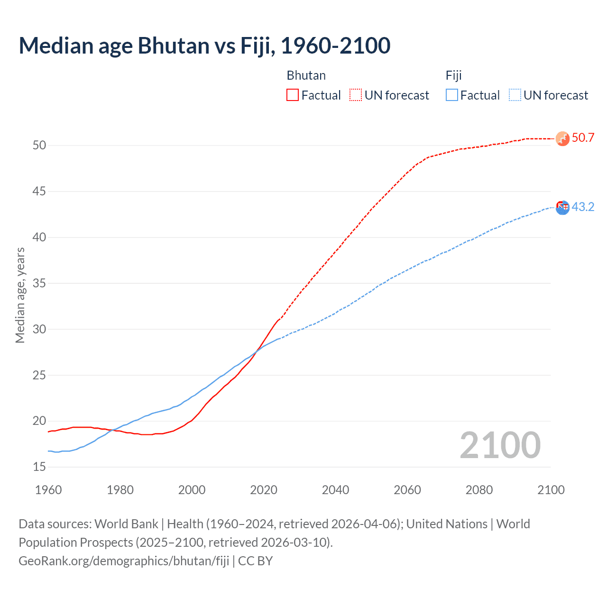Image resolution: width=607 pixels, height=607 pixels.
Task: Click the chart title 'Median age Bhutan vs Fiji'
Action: coord(204,46)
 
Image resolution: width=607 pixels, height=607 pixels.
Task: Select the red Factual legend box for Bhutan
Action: coord(293,95)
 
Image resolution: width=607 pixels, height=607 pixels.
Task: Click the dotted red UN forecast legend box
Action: coord(356,95)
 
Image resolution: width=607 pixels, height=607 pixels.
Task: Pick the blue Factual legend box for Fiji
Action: coord(452,95)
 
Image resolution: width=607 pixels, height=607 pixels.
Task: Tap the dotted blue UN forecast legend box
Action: coord(515,95)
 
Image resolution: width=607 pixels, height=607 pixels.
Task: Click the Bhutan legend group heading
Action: coord(306,75)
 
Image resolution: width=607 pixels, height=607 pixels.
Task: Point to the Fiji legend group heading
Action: coord(454,75)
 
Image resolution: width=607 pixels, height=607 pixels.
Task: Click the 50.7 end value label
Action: coord(583,138)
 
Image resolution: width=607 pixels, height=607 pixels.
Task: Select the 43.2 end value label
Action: coord(583,207)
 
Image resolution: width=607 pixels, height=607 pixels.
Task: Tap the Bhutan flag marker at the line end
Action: coord(562,138)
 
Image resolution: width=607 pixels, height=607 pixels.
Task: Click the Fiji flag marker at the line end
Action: coord(562,207)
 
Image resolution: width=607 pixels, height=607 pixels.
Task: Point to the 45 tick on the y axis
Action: coord(39,192)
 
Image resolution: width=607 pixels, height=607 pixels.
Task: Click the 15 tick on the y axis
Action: coord(39,467)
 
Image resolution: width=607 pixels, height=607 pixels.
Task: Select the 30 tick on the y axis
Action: coord(39,329)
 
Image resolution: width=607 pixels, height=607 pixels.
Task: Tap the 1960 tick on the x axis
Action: coord(48,490)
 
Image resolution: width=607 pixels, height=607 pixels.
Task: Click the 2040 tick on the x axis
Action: coord(335,490)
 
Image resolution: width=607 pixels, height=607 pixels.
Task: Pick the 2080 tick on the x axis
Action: coord(479,490)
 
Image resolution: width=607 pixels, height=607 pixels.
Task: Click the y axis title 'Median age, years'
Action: coord(20,295)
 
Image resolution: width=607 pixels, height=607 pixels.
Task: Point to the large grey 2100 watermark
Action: coord(500,445)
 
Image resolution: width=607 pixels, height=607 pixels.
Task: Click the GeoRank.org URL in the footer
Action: coord(124,561)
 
